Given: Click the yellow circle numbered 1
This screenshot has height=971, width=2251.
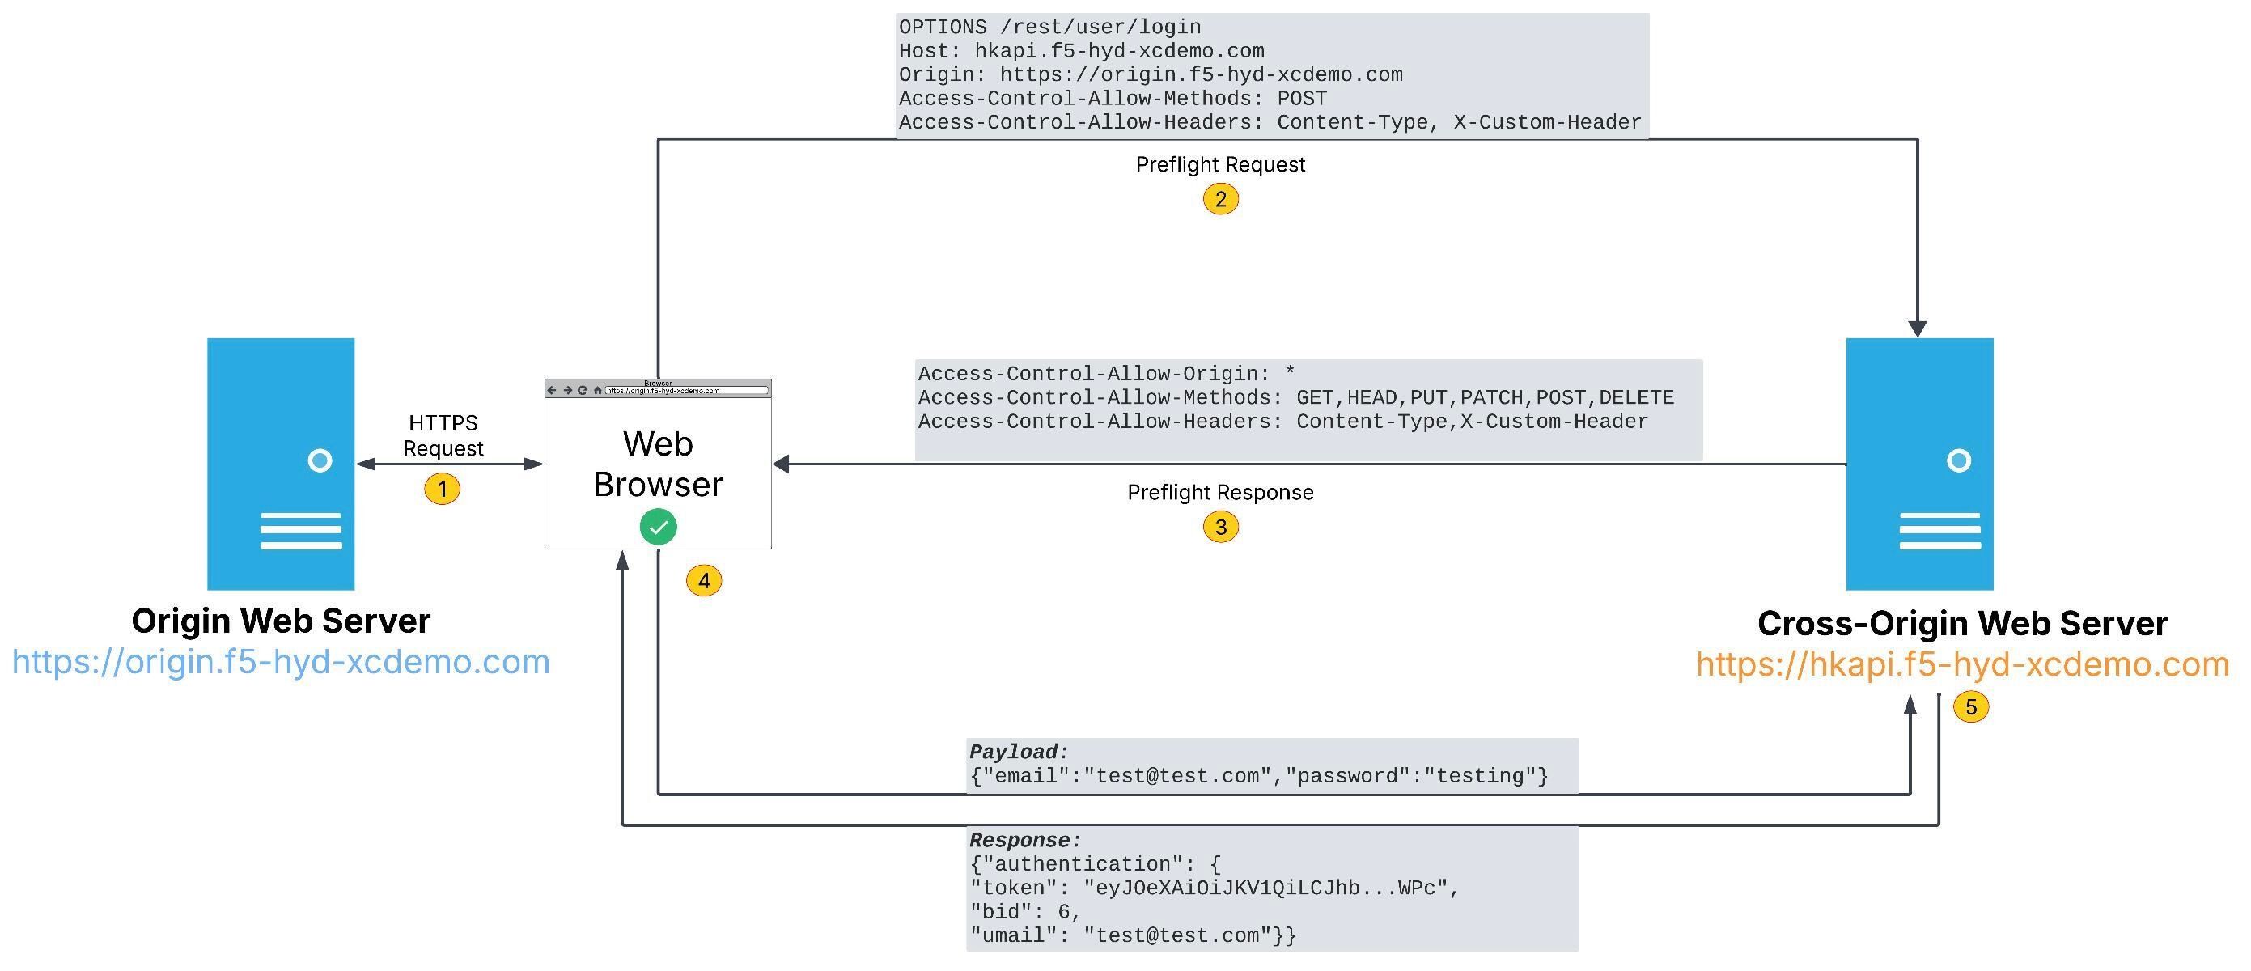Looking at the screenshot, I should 442,489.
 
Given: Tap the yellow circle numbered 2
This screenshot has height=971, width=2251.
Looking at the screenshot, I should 1220,199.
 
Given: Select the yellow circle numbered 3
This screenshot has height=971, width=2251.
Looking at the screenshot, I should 1220,527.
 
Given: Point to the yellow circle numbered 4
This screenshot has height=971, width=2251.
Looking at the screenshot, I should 703,580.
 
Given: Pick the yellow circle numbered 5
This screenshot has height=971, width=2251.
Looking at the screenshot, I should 1970,706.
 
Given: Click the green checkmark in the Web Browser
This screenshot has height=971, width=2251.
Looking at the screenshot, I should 658,527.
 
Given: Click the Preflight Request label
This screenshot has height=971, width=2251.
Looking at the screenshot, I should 1220,164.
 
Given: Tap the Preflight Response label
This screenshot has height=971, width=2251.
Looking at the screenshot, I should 1220,492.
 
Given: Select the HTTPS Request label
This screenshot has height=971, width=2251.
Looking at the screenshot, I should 443,435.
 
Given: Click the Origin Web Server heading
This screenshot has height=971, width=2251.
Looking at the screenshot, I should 281,621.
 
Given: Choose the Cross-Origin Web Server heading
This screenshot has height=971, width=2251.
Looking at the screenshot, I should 1962,623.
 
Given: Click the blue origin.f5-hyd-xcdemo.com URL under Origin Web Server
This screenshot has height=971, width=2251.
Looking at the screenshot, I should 281,662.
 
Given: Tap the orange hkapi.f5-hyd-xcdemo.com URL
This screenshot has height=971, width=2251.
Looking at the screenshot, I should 1962,664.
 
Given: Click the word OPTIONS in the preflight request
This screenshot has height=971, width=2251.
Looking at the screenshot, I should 943,27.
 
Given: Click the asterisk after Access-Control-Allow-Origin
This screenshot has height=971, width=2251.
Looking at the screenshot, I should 1290,374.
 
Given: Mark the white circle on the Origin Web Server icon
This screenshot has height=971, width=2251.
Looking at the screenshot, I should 320,460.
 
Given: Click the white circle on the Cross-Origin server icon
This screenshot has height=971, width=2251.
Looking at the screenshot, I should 1958,460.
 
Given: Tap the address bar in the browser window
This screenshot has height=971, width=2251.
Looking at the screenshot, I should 686,391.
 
